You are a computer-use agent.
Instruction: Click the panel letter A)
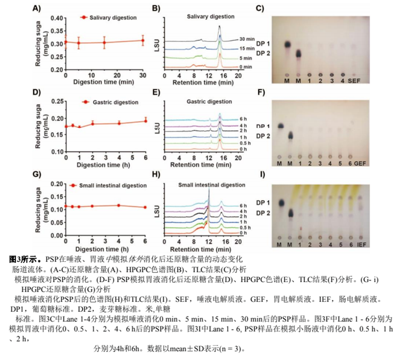point(36,8)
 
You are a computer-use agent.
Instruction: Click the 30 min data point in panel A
point(143,40)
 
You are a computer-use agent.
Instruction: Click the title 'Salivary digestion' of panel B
point(211,16)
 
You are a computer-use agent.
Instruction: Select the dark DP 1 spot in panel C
point(287,45)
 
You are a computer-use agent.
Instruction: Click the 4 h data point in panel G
point(119,205)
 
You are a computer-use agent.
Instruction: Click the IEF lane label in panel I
point(361,245)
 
